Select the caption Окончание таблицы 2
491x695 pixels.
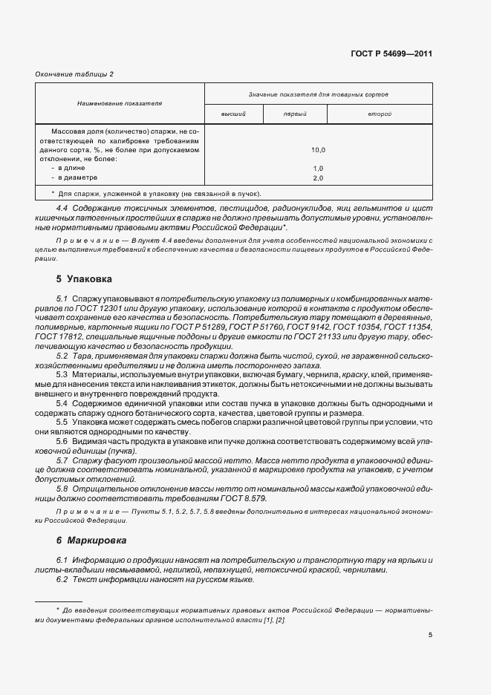pyautogui.click(x=74, y=74)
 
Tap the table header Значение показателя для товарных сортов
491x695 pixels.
pyautogui.click(x=318, y=94)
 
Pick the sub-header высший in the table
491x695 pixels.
pyautogui.click(x=233, y=114)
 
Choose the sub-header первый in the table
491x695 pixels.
pyautogui.click(x=296, y=114)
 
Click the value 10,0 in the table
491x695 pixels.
pyautogui.click(x=318, y=149)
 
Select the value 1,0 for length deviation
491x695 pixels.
pyautogui.click(x=318, y=169)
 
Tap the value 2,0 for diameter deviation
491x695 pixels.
pyautogui.click(x=318, y=178)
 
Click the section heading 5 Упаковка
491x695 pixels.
pyautogui.click(x=84, y=279)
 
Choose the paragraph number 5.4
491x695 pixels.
pyautogui.click(x=62, y=402)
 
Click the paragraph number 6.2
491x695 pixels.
pyautogui.click(x=62, y=579)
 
